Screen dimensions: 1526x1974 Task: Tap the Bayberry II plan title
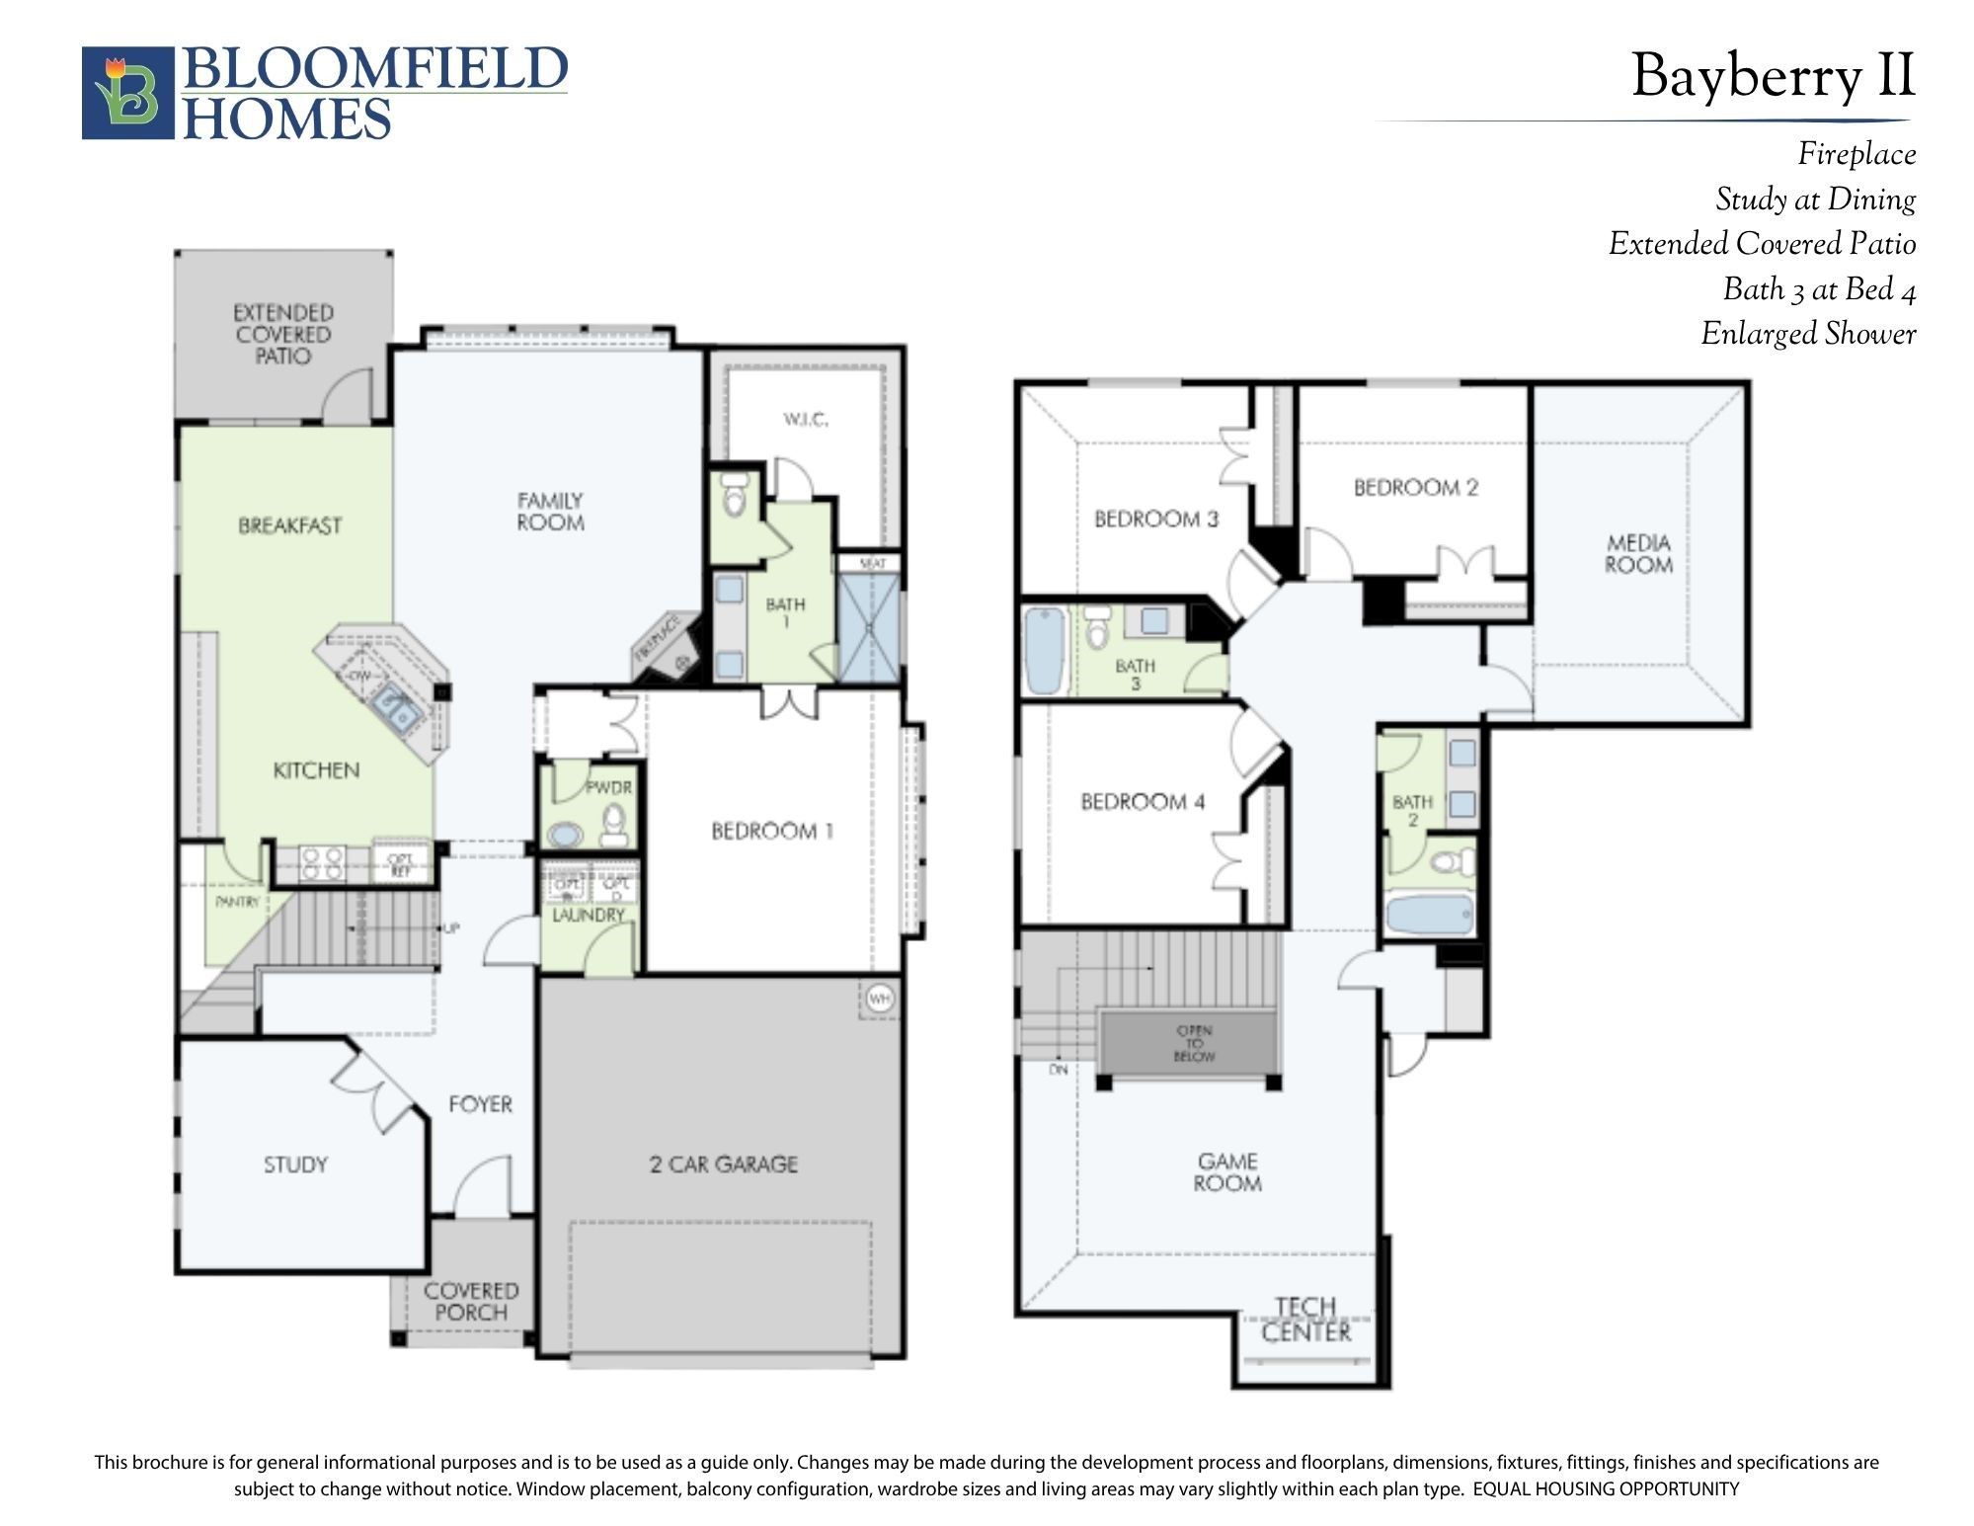1773,76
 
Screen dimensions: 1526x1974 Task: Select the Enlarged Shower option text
1807,334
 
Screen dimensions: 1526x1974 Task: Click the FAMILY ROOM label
550,512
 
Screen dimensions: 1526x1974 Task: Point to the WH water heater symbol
879,999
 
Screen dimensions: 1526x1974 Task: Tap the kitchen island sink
397,708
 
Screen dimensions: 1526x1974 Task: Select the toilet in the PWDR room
614,826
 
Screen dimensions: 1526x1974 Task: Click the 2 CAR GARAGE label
723,1165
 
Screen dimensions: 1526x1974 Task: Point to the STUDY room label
295,1165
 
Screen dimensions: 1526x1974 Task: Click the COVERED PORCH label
471,1302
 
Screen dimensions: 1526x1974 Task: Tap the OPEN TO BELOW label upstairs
1194,1043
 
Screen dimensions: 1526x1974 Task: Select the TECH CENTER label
1305,1320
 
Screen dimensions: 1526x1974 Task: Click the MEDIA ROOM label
1638,554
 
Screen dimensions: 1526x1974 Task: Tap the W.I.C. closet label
806,420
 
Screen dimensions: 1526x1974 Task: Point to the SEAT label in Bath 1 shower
872,564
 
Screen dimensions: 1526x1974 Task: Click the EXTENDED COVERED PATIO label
283,334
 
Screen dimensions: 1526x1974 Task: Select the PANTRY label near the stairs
237,902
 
